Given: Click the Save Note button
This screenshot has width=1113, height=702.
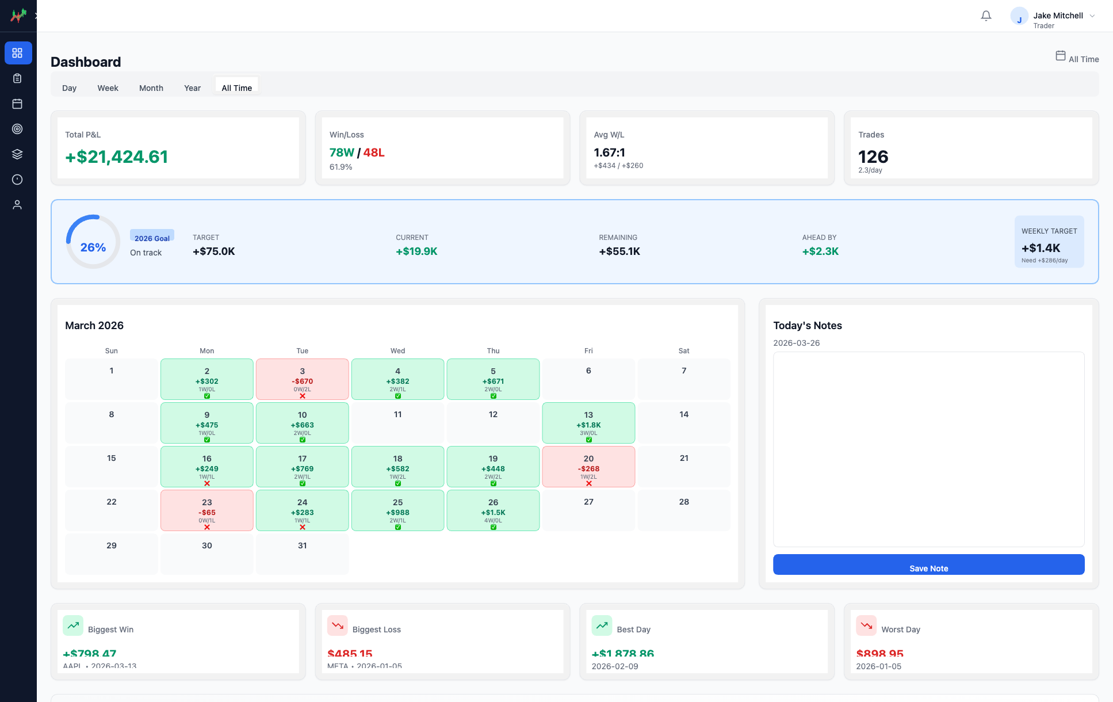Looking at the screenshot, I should click(928, 564).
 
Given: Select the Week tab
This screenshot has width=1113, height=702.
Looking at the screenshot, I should click(108, 88).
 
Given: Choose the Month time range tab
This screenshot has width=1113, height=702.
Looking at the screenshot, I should click(151, 88).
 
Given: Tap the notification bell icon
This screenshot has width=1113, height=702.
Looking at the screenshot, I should click(986, 16).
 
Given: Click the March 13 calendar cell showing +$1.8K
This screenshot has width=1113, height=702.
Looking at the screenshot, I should click(588, 423).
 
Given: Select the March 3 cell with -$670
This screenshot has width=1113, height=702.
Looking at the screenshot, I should click(302, 379).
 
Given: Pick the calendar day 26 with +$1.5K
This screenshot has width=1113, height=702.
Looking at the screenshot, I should click(493, 510).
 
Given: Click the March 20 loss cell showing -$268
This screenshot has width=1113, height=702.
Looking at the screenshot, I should click(588, 467).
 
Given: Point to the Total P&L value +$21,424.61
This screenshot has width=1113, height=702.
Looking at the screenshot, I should click(117, 157).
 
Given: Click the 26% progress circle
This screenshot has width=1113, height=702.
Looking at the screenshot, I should click(93, 242).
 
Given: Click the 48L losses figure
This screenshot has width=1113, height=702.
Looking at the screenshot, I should click(374, 152).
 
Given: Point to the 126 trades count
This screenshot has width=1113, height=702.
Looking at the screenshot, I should click(873, 157).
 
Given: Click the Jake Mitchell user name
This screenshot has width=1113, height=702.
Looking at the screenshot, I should click(1058, 16).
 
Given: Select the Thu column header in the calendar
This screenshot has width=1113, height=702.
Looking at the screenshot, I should click(493, 350).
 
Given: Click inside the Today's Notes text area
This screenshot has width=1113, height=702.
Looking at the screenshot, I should click(928, 449).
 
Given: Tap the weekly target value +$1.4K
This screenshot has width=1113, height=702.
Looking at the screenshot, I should click(1041, 248).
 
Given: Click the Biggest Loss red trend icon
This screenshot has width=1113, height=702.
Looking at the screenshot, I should click(338, 625).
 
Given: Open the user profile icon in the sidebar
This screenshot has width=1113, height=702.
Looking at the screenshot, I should click(17, 205).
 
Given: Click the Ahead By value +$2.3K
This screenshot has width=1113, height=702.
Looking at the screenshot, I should click(820, 251).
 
